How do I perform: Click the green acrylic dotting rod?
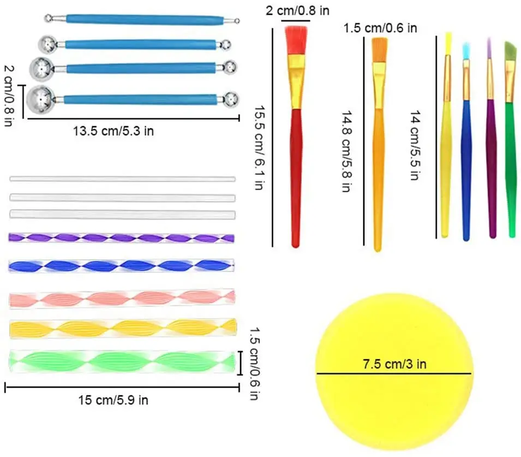coord(123,361)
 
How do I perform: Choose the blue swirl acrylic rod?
coord(122,266)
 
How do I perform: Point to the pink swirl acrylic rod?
coord(122,298)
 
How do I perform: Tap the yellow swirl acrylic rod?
coord(123,328)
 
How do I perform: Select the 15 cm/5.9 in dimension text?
coord(112,400)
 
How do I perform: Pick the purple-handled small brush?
coord(491,164)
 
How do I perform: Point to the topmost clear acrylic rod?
coord(122,179)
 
